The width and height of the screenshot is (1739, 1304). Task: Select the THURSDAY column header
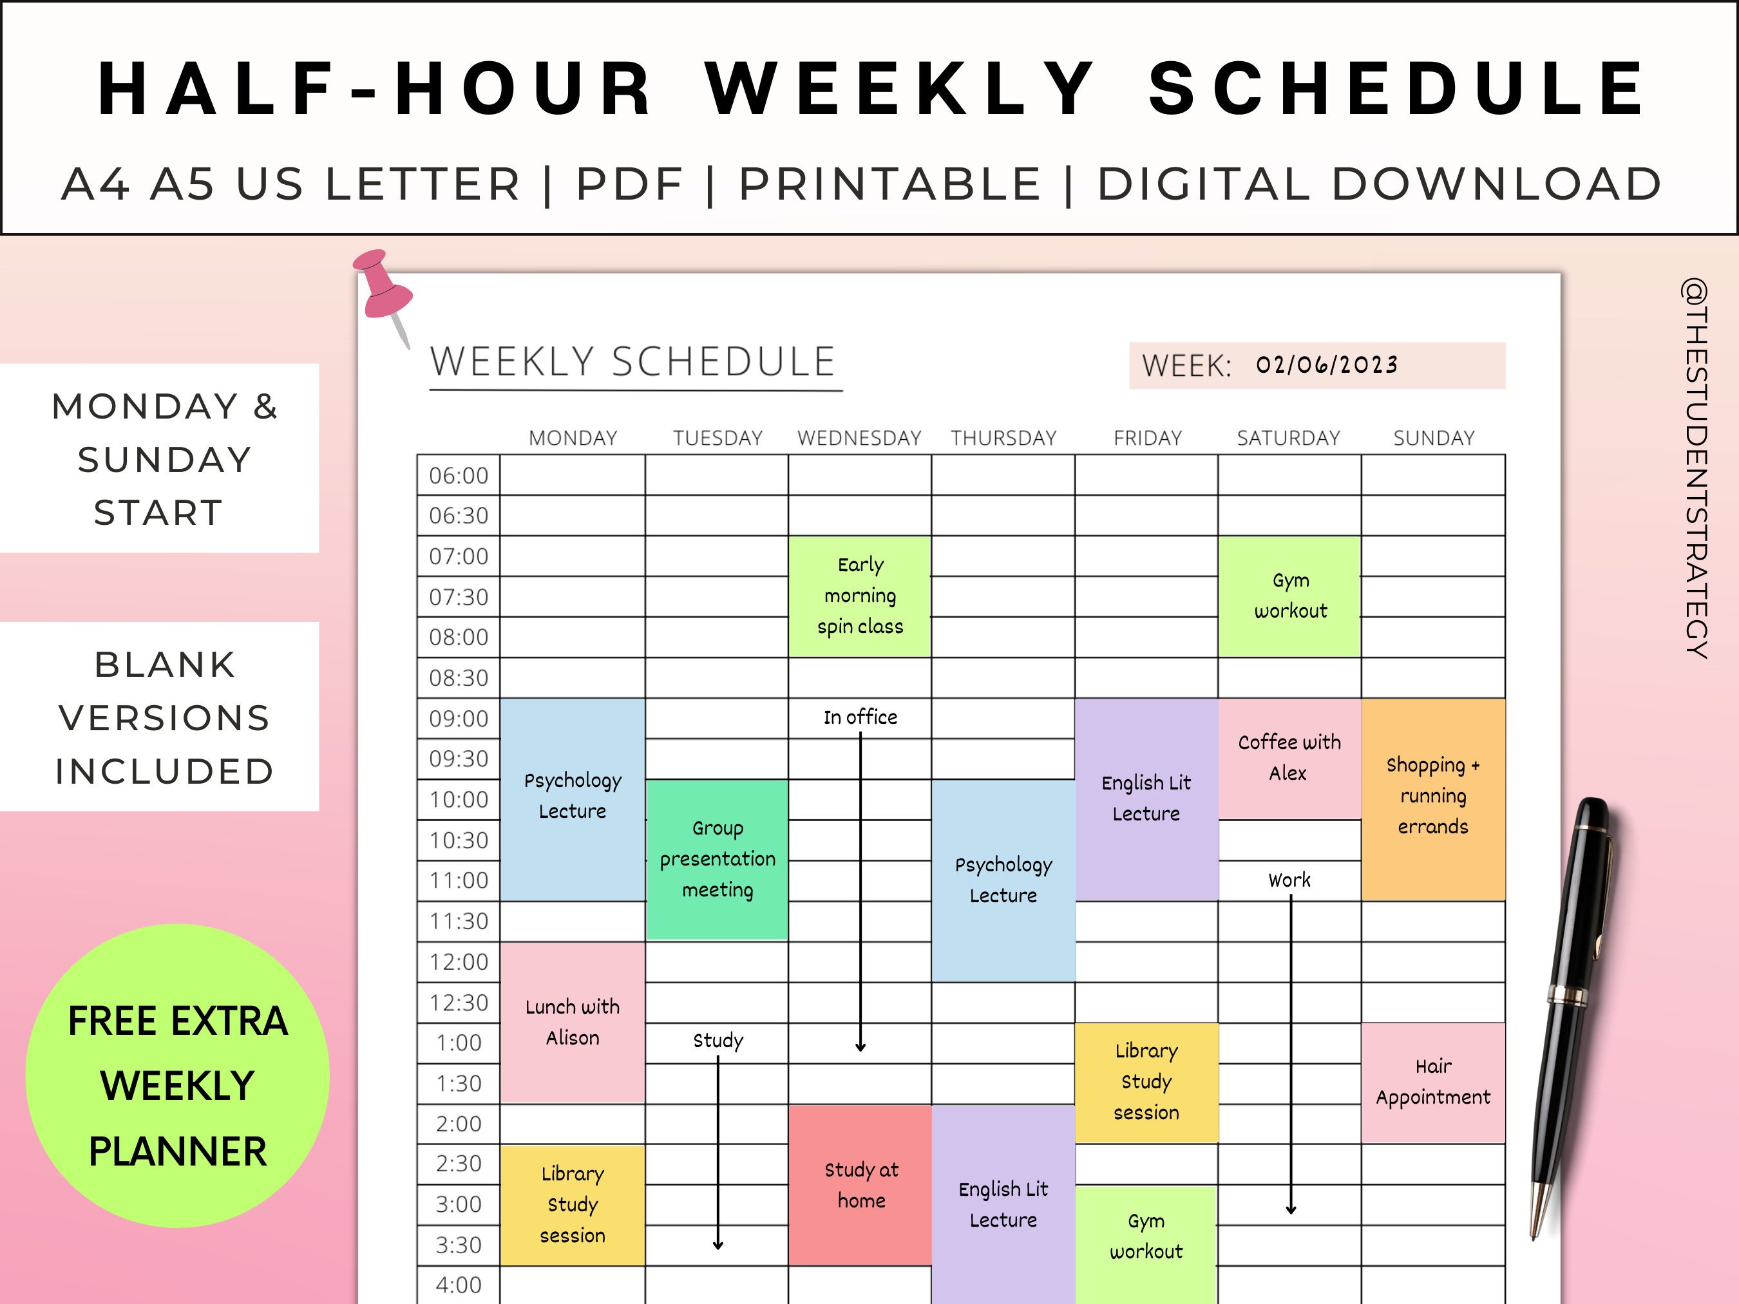pos(1003,438)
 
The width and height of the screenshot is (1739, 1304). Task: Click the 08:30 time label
pos(459,677)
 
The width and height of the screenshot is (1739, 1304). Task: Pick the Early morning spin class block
pos(860,596)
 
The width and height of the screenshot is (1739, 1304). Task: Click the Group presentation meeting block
pos(717,859)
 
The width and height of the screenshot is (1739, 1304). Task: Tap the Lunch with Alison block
pos(573,1022)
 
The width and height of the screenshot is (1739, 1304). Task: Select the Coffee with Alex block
pos(1289,758)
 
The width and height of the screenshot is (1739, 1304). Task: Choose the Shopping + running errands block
pos(1432,796)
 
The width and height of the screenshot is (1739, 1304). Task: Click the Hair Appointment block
pos(1432,1082)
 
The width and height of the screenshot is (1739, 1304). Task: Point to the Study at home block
pos(861,1186)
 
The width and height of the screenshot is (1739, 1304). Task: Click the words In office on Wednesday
pos(860,717)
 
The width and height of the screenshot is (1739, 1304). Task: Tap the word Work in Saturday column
pos(1289,880)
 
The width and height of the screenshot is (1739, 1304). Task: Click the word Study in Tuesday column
pos(717,1041)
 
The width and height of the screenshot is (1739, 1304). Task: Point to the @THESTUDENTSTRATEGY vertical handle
pos(1696,468)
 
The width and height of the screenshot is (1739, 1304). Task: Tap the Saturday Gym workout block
pos(1289,596)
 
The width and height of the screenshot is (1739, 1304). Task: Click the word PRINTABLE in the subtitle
pos(890,185)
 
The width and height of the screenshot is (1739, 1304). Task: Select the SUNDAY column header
pos(1433,438)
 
